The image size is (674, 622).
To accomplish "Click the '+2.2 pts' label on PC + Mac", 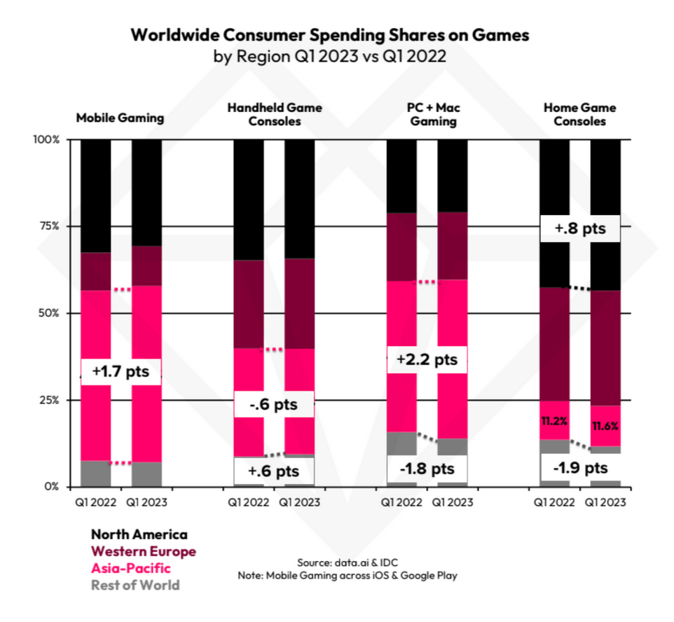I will (427, 360).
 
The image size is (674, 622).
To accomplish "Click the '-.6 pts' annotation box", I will (273, 405).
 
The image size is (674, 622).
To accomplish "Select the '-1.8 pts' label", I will (427, 468).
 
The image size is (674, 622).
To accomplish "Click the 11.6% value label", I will (605, 426).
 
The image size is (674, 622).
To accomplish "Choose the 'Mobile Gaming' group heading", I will (120, 118).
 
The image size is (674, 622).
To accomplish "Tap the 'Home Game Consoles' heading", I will (579, 114).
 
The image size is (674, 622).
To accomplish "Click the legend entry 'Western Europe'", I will (144, 551).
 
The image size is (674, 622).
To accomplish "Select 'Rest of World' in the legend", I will (135, 585).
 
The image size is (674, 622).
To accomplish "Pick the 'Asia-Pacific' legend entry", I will (131, 568).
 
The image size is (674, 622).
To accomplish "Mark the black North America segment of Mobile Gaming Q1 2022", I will (95, 195).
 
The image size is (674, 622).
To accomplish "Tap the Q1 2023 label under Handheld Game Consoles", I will (299, 502).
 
